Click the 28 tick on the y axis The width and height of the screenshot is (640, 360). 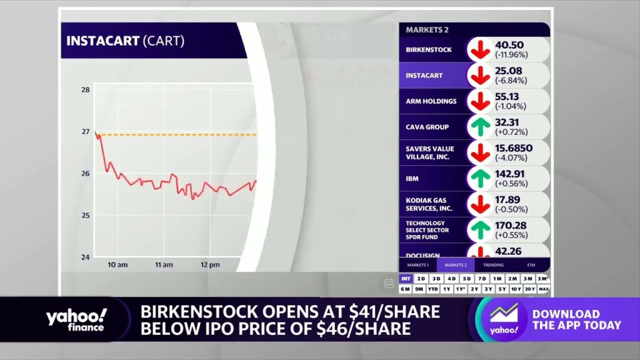coord(86,90)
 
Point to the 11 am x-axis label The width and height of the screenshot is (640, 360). coord(164,265)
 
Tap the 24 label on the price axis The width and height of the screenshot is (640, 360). coord(86,257)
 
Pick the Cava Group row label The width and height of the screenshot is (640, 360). coord(427,127)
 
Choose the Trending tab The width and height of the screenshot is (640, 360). coord(493,265)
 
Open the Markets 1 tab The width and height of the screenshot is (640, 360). coord(417,265)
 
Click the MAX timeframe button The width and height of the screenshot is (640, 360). coord(544,289)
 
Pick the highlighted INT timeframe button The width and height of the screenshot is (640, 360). coord(406,279)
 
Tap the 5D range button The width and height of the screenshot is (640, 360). coord(467,279)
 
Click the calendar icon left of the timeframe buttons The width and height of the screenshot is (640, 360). coord(389,283)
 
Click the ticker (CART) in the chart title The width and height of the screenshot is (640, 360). coord(164,42)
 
